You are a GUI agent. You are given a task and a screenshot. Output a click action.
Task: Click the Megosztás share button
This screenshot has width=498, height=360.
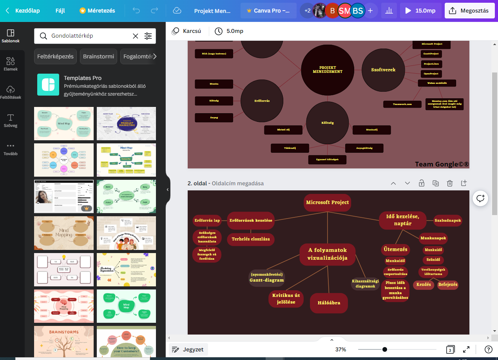[x=469, y=11]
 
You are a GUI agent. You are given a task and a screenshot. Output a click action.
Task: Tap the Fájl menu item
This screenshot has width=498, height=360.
[x=60, y=11]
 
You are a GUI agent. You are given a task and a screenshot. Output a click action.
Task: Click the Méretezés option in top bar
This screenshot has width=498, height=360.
[x=97, y=11]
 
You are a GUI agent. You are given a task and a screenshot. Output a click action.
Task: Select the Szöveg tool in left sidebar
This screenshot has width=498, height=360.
[x=11, y=120]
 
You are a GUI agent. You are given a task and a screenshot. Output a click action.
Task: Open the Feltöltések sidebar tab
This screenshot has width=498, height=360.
[x=11, y=92]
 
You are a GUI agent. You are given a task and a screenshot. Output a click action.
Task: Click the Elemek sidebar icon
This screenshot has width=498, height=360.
[x=11, y=64]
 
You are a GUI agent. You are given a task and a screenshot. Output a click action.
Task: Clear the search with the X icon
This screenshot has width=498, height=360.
[x=136, y=36]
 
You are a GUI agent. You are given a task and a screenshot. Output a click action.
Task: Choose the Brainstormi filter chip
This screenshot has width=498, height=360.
[x=98, y=56]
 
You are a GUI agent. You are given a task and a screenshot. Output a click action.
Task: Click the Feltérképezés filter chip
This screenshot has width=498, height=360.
[x=55, y=56]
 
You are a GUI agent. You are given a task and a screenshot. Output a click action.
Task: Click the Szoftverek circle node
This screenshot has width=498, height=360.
[x=383, y=70]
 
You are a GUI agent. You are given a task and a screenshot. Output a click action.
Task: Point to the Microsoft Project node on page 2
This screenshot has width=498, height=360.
[x=327, y=203]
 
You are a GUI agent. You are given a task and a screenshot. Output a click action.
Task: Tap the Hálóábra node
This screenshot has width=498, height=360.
[x=329, y=303]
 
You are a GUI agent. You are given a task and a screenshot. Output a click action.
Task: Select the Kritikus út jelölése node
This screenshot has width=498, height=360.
[x=286, y=298]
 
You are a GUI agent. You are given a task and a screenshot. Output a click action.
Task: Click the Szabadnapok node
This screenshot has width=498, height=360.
[x=448, y=221]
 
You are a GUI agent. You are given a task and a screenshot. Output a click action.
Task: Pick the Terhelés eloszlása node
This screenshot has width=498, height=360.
[x=251, y=239]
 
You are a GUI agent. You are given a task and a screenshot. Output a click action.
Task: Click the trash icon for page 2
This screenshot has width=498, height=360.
[x=450, y=183]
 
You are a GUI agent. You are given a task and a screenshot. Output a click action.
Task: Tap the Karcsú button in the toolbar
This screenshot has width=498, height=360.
[x=187, y=31]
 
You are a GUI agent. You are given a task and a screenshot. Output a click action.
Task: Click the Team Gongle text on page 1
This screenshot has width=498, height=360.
[x=442, y=164]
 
